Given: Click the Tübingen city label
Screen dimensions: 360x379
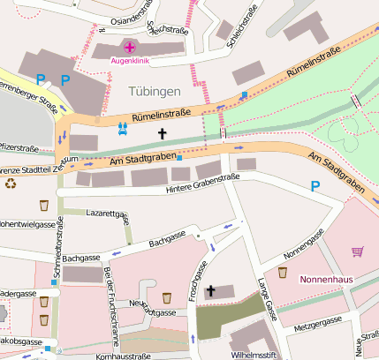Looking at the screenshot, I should tap(154, 92).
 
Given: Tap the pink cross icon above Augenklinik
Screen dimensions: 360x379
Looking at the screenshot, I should tap(130, 47).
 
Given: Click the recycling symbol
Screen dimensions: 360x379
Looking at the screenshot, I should tap(11, 184).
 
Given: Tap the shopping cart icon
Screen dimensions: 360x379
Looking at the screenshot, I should tap(357, 251).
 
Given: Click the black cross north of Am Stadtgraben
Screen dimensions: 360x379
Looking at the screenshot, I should tap(162, 134).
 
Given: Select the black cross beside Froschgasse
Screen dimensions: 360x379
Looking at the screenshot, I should tap(210, 290).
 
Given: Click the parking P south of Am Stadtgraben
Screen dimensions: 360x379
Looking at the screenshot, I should tap(315, 186).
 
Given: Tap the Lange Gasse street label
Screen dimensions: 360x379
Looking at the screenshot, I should tap(267, 299).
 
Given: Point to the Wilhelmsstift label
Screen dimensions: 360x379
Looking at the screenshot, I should tap(254, 354).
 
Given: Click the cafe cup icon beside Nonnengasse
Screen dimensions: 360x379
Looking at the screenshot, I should tap(283, 273).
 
